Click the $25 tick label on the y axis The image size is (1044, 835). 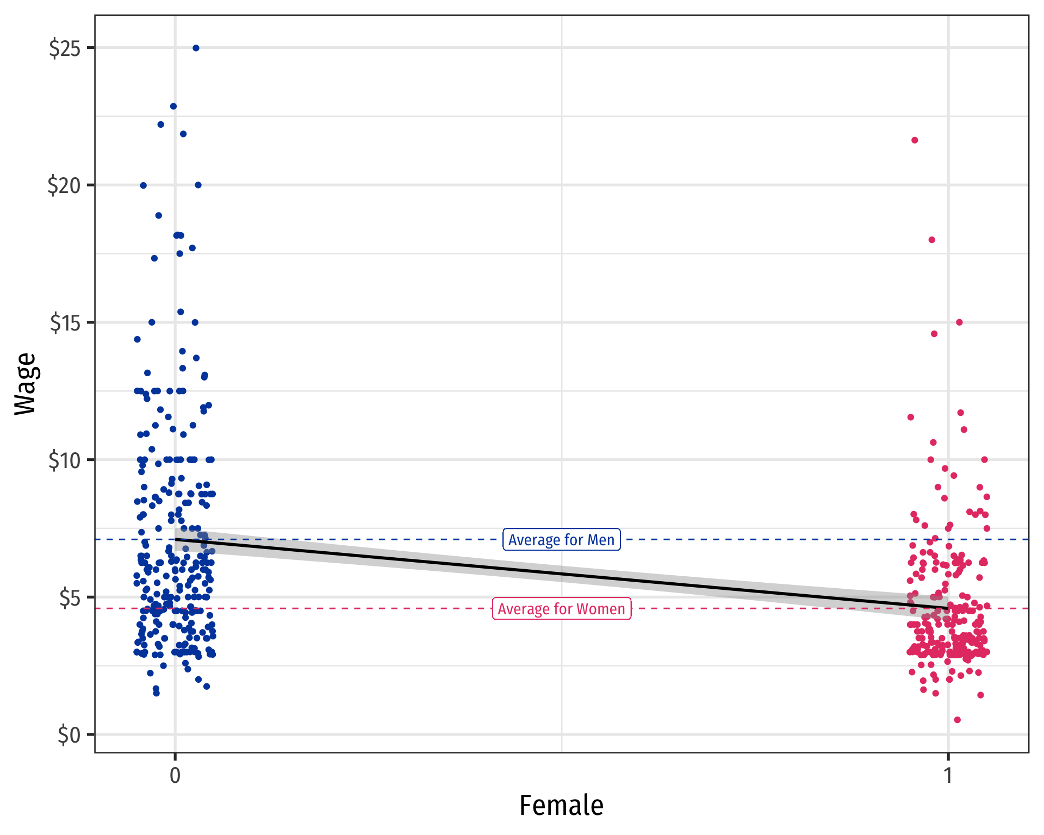(65, 48)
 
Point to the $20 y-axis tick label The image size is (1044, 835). (64, 186)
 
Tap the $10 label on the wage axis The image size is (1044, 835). (65, 461)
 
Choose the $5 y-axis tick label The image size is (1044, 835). (69, 598)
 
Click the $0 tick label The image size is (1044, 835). (69, 736)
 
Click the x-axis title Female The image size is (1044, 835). (561, 806)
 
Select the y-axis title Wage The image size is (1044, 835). (25, 384)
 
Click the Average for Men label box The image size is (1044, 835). (561, 540)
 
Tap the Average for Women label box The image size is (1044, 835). (561, 609)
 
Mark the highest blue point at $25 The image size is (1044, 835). (196, 48)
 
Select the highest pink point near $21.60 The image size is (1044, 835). (915, 140)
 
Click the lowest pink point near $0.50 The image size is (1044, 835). (957, 720)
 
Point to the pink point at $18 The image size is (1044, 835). (931, 240)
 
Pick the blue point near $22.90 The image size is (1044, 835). (173, 107)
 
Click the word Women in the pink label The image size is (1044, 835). (600, 609)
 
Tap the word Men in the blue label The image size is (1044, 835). (601, 540)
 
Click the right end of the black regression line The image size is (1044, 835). (948, 608)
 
